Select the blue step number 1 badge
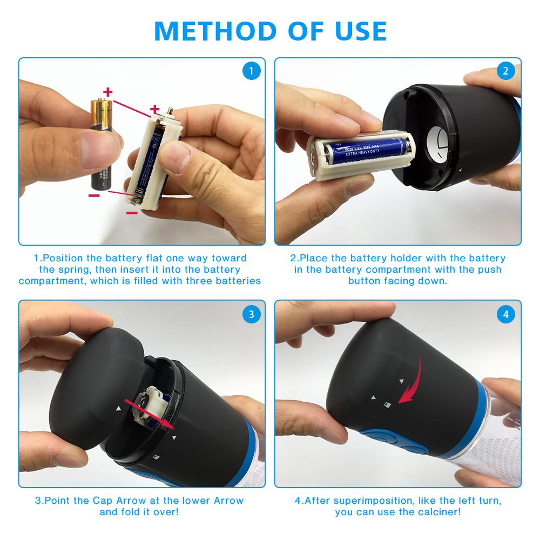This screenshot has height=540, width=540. click(x=251, y=71)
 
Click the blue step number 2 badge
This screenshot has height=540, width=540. click(x=506, y=71)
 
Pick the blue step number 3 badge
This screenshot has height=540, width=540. click(x=251, y=314)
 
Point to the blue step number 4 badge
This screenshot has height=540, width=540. click(x=506, y=314)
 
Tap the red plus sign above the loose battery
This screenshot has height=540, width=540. click(x=109, y=91)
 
